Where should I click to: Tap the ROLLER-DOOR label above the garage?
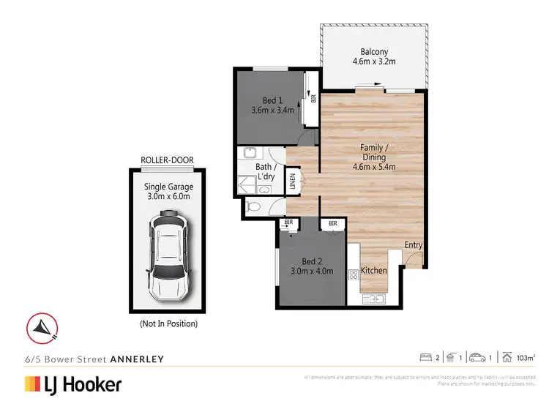click(x=167, y=162)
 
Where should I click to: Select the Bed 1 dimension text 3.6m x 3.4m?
click(x=267, y=111)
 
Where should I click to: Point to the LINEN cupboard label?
click(x=294, y=181)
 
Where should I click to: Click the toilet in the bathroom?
click(x=252, y=207)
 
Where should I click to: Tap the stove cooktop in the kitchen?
click(x=354, y=274)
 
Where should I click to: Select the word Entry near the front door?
click(x=413, y=245)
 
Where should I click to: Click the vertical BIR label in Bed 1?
click(x=313, y=98)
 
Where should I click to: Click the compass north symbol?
click(x=42, y=326)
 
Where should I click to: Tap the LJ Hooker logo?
click(x=73, y=384)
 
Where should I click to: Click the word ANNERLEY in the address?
click(x=136, y=359)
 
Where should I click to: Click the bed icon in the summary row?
click(x=425, y=357)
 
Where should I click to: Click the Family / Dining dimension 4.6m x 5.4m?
click(x=373, y=167)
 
